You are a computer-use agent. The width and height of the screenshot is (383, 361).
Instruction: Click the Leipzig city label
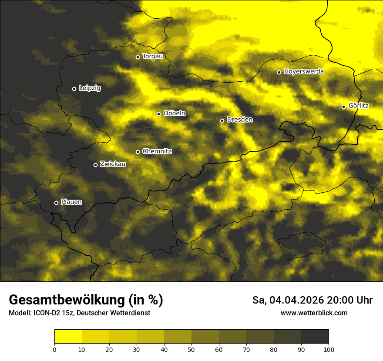[90, 88]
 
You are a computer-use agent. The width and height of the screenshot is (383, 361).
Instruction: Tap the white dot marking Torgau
[138, 57]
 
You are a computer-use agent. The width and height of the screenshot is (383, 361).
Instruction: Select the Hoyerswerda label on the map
[304, 72]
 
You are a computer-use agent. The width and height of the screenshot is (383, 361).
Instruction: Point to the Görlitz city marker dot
[343, 107]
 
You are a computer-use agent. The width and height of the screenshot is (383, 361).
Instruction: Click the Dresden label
[240, 120]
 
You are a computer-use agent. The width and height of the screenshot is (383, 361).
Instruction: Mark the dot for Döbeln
[158, 114]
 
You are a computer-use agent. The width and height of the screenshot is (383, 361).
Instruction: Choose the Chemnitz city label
[157, 151]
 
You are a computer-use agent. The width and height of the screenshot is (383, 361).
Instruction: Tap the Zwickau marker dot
[95, 165]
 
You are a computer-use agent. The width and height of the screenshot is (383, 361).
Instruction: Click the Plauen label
[71, 202]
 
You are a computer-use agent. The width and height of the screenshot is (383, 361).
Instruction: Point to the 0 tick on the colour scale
[54, 349]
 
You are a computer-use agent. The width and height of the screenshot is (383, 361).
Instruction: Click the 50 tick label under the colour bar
[191, 349]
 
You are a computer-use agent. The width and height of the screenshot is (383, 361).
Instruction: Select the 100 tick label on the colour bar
[329, 349]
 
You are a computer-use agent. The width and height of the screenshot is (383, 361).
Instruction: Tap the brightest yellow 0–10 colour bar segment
[68, 337]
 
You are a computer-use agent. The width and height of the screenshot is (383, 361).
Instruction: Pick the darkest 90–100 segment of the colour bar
[315, 337]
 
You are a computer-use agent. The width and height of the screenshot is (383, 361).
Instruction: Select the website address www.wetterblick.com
[314, 313]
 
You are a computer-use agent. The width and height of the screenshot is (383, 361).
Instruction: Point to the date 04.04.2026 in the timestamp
[296, 300]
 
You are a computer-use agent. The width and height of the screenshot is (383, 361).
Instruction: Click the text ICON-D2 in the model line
[47, 313]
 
